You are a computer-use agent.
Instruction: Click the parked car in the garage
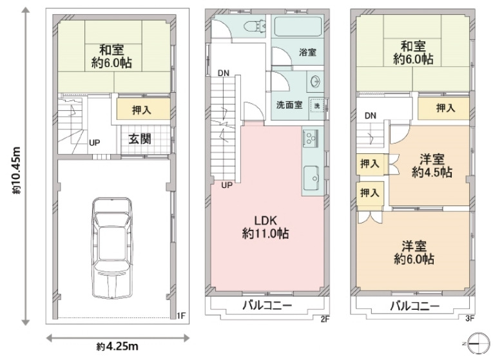(x=112, y=244)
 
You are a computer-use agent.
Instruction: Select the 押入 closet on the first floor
(x=143, y=109)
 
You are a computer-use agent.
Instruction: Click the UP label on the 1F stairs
(x=94, y=142)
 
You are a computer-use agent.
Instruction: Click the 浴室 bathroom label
(x=307, y=53)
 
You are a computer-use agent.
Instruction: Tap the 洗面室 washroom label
(x=289, y=104)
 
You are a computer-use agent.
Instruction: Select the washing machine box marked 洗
(x=316, y=105)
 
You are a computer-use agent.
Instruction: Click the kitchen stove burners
(x=311, y=138)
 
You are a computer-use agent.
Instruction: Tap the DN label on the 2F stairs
(x=223, y=73)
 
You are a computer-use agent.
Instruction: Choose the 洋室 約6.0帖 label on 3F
(x=414, y=252)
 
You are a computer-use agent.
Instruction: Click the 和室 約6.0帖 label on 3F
(x=413, y=53)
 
